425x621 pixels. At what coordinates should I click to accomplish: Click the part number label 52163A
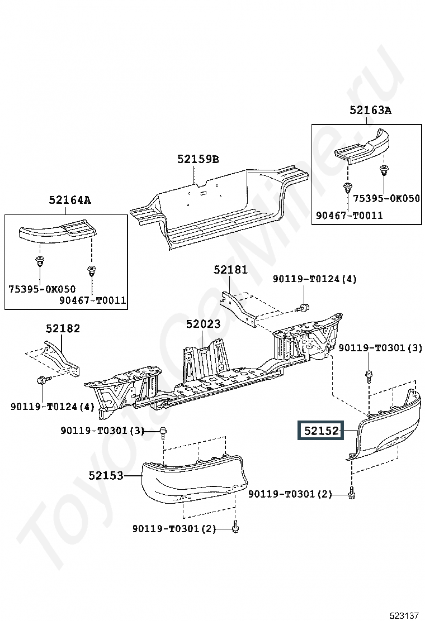370,111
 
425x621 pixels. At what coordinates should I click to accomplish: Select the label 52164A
69,200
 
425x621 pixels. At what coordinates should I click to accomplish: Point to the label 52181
230,270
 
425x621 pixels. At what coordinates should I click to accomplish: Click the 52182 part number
63,328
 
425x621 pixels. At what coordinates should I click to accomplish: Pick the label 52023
203,324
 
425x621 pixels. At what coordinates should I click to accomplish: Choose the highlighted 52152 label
321,431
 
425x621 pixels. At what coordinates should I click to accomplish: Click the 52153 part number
105,476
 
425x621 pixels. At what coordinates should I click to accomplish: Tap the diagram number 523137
405,615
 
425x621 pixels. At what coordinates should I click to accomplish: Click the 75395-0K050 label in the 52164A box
41,289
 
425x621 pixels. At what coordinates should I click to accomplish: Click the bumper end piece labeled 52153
193,477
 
